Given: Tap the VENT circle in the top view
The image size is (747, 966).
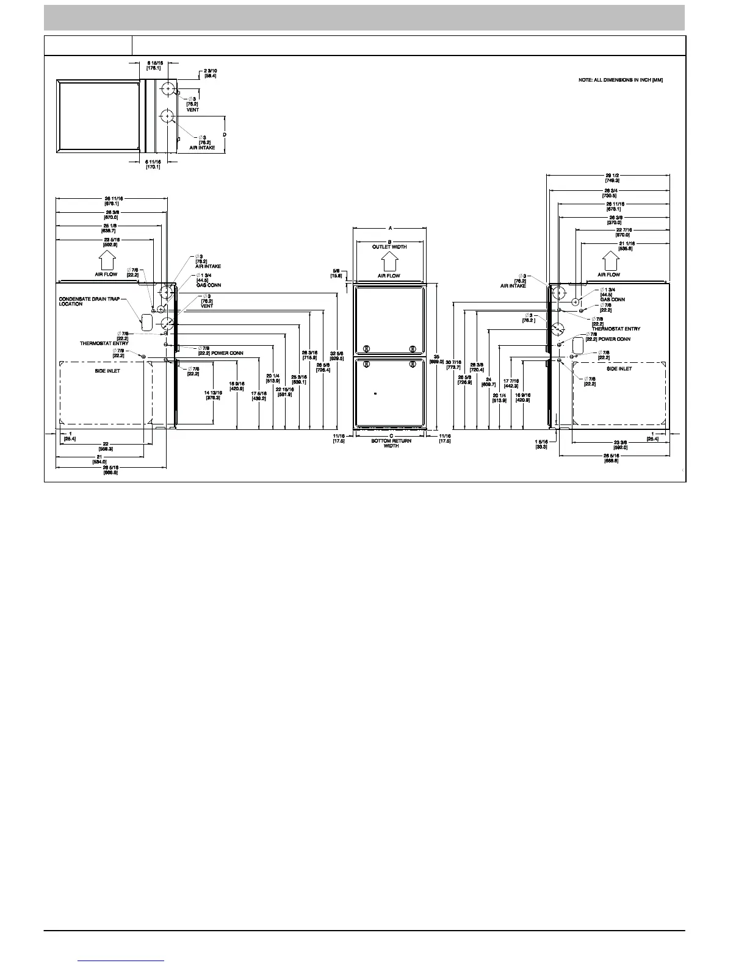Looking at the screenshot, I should point(166,89).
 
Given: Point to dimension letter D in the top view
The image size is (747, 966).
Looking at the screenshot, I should point(225,134).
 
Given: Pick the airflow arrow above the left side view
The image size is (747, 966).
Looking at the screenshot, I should point(106,262).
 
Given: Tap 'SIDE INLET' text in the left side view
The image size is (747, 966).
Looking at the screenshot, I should point(107,371).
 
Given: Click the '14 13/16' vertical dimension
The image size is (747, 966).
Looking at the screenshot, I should point(212,395).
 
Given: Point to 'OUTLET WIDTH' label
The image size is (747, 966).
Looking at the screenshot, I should point(389,247).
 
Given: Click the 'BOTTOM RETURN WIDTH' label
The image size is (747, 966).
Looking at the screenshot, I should point(391,443).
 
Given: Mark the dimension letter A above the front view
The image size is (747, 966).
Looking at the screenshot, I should point(390,228).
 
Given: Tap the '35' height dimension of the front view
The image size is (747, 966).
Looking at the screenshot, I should point(436,359).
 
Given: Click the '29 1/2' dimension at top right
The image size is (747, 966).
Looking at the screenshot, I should point(610,178).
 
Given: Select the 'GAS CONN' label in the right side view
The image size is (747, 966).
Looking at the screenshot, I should point(612,299).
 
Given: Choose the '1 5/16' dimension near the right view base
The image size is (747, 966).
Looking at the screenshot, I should point(541,444).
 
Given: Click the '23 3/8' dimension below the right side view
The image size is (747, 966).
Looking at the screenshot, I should point(620,445).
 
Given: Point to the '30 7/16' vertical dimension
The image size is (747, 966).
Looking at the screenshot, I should point(453,365).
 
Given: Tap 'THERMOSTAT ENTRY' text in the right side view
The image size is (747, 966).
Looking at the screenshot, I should point(616,329).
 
